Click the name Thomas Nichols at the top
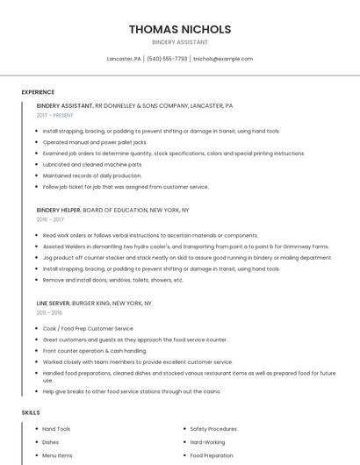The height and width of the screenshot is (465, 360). click(180, 29)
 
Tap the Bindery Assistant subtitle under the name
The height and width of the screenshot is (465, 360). click(180, 42)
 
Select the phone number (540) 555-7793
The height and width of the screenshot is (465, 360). click(167, 59)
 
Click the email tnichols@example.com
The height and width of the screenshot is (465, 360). click(223, 59)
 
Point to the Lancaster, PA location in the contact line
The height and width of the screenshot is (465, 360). click(124, 59)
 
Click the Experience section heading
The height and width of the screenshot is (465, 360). click(38, 92)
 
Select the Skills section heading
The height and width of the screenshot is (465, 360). click(30, 411)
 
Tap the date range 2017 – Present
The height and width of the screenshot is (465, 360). click(55, 115)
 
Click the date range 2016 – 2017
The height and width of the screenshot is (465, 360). click(50, 219)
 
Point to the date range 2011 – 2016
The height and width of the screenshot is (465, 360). click(49, 312)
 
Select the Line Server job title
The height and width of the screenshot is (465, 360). click(54, 303)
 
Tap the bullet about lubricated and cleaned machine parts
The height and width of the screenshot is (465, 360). click(93, 164)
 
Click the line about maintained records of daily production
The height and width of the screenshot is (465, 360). click(92, 175)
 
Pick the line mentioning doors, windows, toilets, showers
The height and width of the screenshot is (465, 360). click(113, 280)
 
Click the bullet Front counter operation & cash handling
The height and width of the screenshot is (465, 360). click(95, 350)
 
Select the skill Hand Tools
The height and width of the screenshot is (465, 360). click(57, 429)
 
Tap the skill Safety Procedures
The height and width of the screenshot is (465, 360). click(213, 429)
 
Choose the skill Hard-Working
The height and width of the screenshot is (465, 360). click(207, 442)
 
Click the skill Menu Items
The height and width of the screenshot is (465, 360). click(58, 456)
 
